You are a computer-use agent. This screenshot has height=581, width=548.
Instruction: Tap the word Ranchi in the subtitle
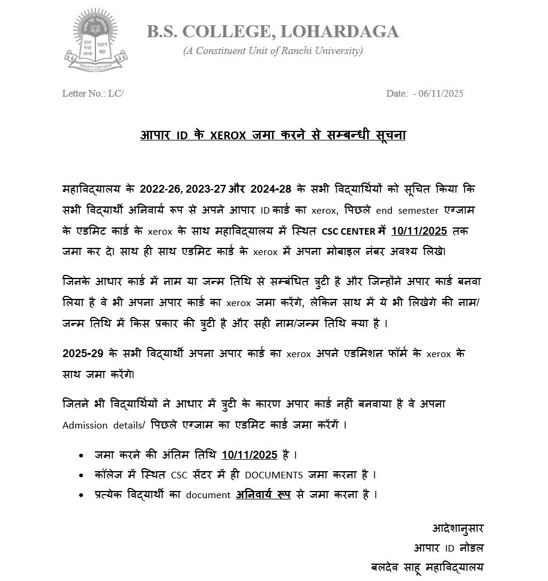pyautogui.click(x=293, y=51)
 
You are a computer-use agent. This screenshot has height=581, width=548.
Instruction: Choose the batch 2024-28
pyautogui.click(x=267, y=189)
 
